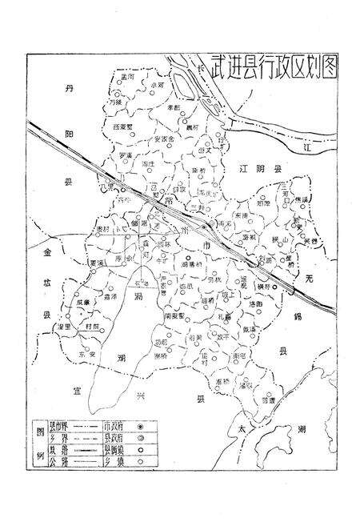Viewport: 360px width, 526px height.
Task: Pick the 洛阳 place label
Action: click(x=254, y=305)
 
